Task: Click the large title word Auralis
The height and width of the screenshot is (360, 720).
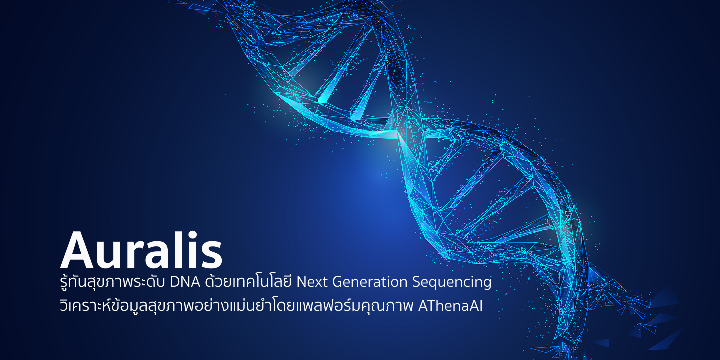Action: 141,250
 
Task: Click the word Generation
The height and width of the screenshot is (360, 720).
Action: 370,282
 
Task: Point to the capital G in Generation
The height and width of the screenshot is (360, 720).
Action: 337,282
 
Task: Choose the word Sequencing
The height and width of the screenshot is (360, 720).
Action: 452,283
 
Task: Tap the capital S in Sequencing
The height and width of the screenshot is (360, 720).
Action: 417,282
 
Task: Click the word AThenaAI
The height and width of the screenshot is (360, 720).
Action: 450,306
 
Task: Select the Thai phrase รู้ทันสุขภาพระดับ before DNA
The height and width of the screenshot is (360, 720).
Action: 113,281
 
